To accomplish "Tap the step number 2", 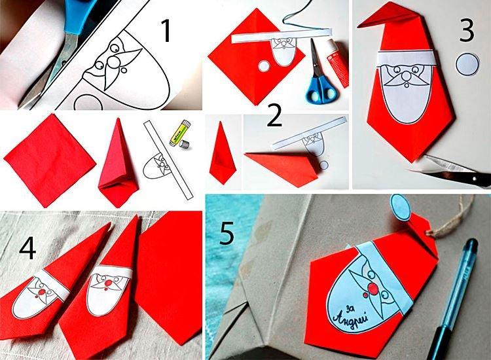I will pyautogui.click(x=274, y=117).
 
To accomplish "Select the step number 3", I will pyautogui.click(x=465, y=29).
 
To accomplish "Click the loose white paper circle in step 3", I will pyautogui.click(x=467, y=65).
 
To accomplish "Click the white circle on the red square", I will pyautogui.click(x=263, y=65).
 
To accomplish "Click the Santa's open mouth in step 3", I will pyautogui.click(x=407, y=85).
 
